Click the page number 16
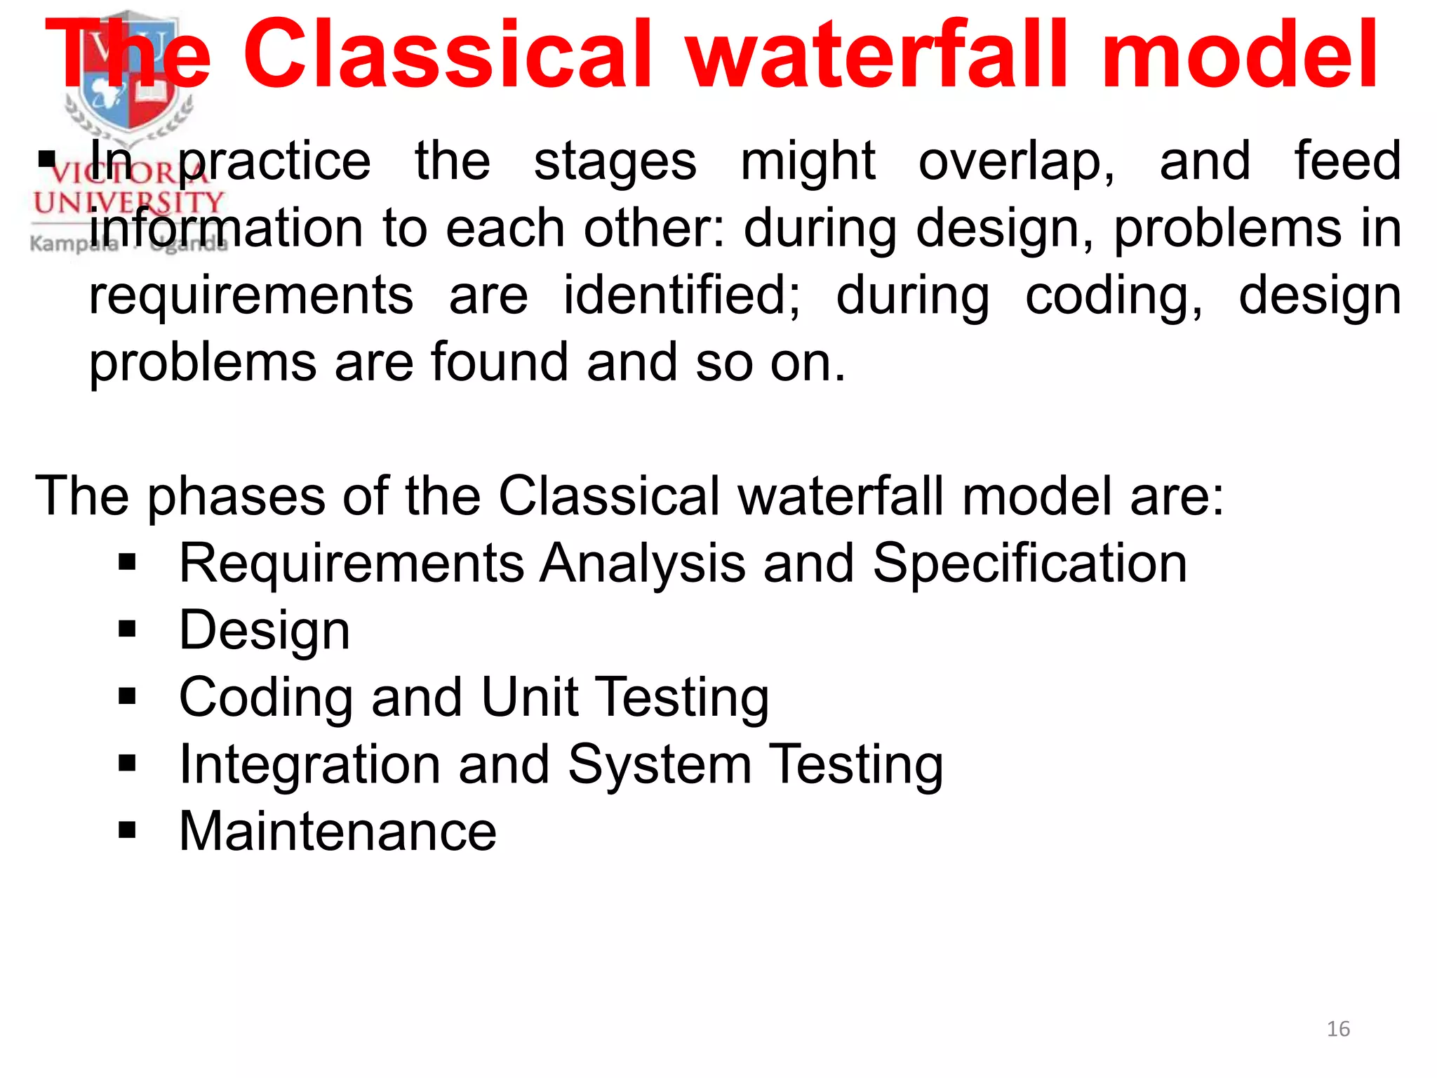point(1338,1029)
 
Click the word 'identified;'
point(681,296)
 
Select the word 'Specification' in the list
point(1029,563)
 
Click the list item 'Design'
point(265,630)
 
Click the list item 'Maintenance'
point(337,831)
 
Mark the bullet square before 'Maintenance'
point(127,831)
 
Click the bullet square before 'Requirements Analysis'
point(127,562)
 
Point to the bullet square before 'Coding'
point(127,696)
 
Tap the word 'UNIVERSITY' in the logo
point(128,204)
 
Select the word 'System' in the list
point(659,764)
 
